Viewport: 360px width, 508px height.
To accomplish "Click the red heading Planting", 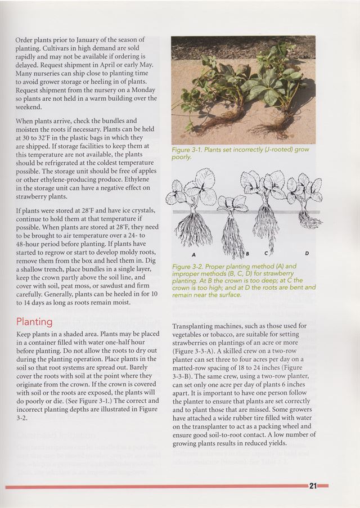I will click(34, 322).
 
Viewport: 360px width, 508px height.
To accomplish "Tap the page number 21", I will click(313, 486).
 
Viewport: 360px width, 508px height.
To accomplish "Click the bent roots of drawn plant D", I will click(308, 219).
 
